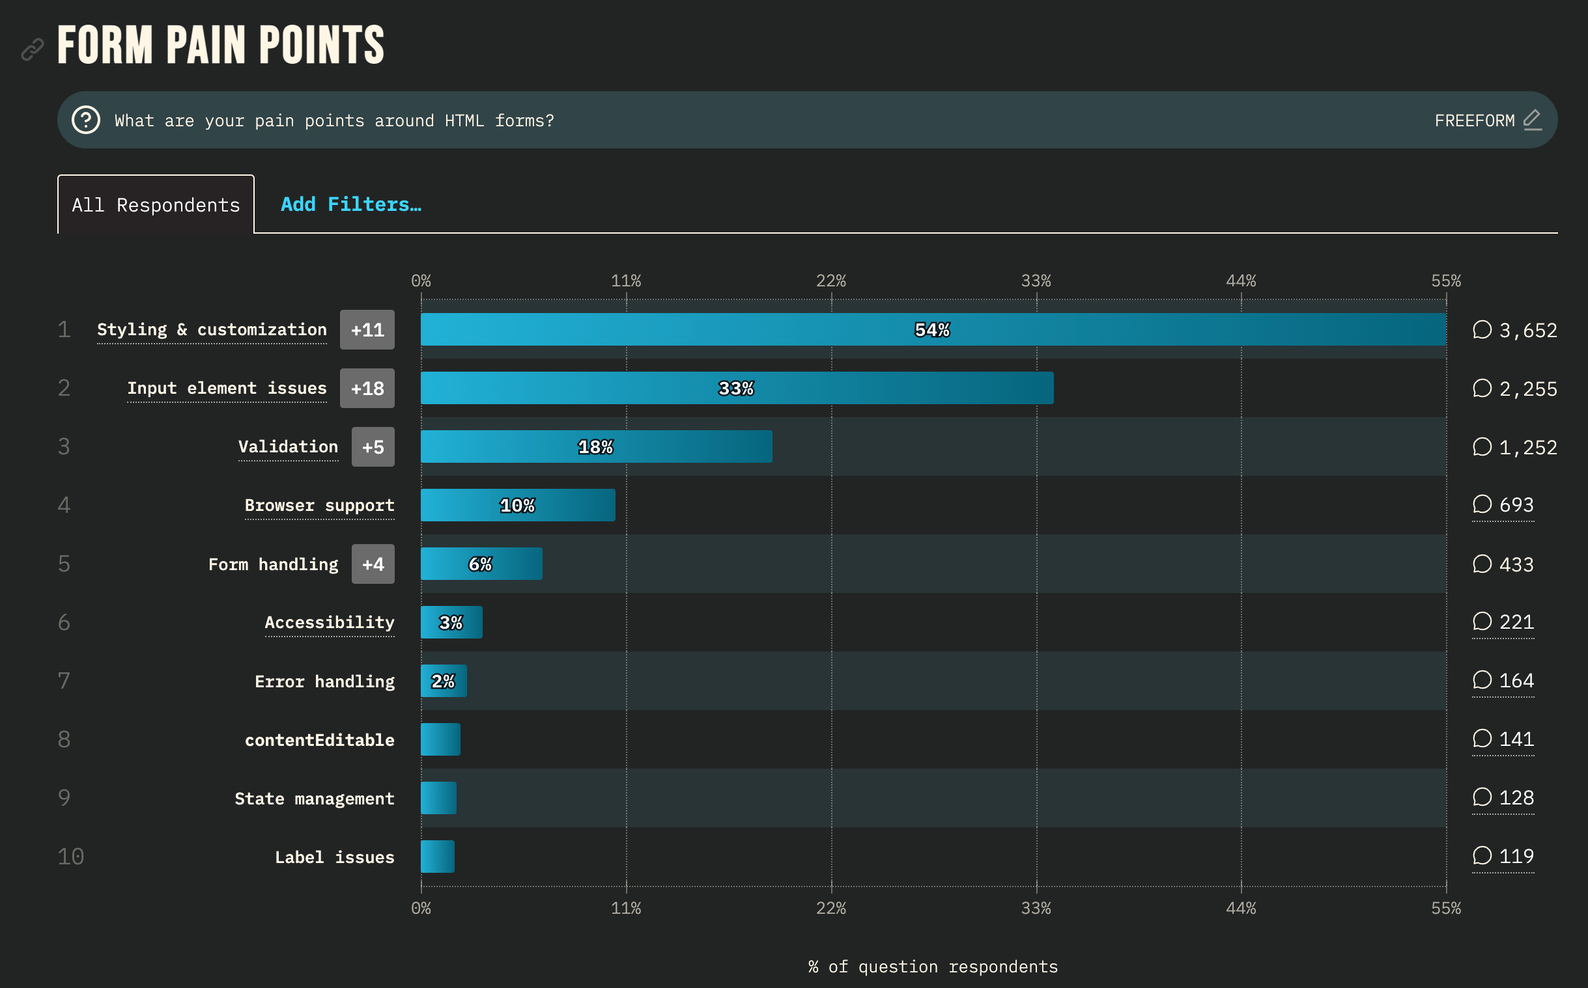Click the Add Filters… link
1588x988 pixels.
[x=351, y=204]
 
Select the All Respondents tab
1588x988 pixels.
[x=156, y=204]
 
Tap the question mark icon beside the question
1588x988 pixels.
[x=85, y=120]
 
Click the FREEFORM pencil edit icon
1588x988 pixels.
[x=1532, y=120]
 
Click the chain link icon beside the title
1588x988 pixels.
[x=32, y=49]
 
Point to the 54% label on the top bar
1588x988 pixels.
[x=931, y=330]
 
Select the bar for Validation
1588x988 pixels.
[x=595, y=447]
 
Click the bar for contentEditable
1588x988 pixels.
[x=440, y=739]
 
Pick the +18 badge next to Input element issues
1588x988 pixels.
[x=367, y=389]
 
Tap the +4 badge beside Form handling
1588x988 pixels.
[x=373, y=564]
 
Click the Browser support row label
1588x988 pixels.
[x=319, y=506]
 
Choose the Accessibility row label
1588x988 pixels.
[x=329, y=623]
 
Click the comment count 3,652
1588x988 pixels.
[x=1527, y=331]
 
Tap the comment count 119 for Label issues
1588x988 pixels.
[x=1516, y=857]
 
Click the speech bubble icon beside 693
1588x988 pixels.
[x=1482, y=504]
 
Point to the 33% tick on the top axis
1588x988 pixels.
[x=1036, y=281]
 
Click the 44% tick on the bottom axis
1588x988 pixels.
[x=1240, y=909]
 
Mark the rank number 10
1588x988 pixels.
[x=70, y=857]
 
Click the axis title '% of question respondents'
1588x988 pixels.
[x=932, y=967]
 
